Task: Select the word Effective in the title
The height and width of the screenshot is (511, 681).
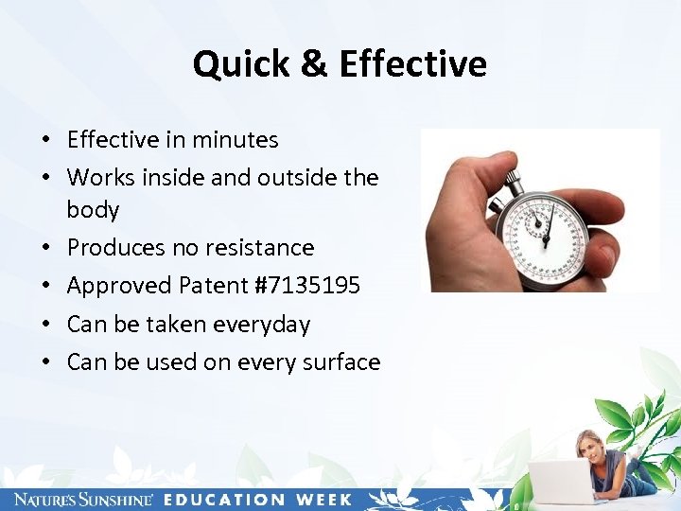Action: (x=412, y=64)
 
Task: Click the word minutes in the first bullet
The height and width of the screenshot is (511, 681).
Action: (x=236, y=140)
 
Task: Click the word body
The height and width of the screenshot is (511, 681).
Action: (x=93, y=210)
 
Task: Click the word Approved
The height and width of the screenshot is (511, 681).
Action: (x=113, y=286)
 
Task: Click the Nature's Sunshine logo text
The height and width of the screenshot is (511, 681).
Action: (x=79, y=500)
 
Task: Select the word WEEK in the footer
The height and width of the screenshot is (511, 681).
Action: (x=323, y=500)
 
